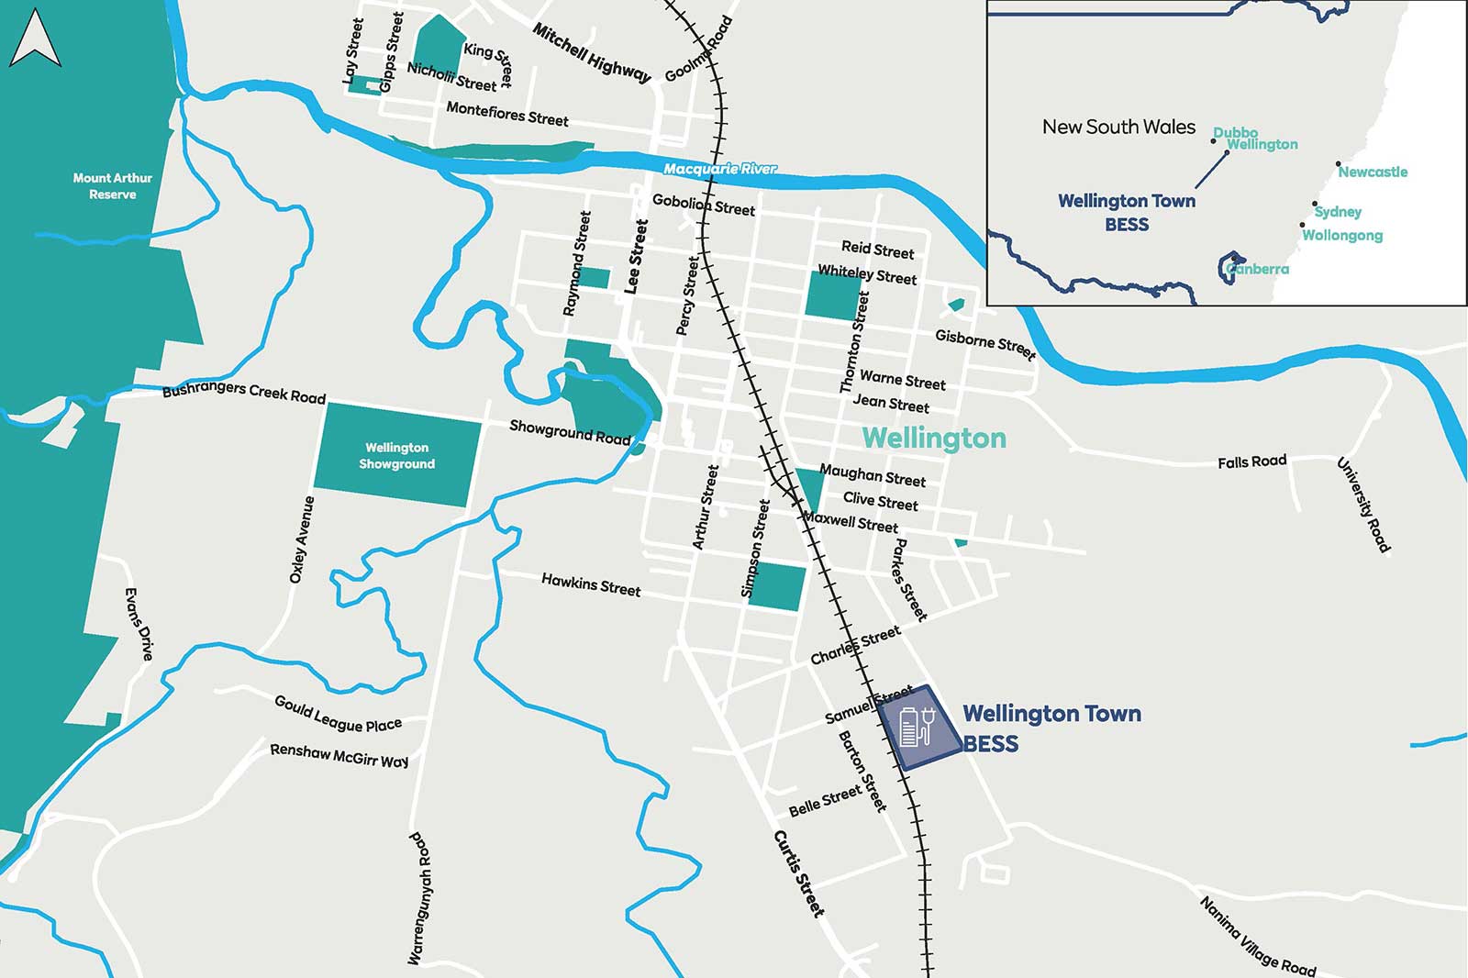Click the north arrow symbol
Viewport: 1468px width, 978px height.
35,39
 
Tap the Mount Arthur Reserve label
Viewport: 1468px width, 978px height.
112,186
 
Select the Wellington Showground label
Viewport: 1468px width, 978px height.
396,456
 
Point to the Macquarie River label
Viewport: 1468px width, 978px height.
719,169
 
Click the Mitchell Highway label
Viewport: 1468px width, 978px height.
592,53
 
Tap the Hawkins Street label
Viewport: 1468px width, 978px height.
591,584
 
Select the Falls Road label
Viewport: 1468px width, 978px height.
1251,461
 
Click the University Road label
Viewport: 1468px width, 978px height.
1363,505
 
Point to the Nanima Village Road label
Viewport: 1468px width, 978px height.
1257,937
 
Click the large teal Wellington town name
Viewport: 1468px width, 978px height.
934,439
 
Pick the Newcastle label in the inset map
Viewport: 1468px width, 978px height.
1373,172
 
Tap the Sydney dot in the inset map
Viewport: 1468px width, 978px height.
1315,204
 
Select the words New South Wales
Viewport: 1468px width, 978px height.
1118,127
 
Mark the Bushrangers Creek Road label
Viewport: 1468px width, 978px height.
244,392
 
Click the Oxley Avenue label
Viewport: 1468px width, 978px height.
302,539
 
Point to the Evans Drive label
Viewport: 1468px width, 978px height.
139,624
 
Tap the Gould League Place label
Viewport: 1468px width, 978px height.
338,715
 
